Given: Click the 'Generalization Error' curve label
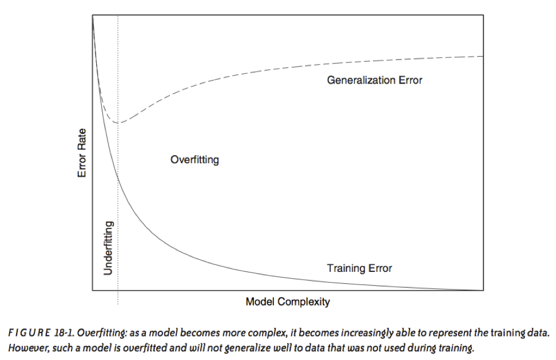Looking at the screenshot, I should click(x=375, y=81).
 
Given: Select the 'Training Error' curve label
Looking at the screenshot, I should click(x=359, y=268).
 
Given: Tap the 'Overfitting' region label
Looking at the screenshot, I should click(x=194, y=160).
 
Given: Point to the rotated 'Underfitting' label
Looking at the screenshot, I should click(x=109, y=248).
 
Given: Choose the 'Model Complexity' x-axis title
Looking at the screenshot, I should click(x=288, y=302).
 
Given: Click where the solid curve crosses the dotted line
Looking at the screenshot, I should click(x=118, y=178).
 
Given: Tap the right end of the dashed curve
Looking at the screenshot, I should click(x=483, y=56).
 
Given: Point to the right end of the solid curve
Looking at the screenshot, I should click(x=483, y=290).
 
